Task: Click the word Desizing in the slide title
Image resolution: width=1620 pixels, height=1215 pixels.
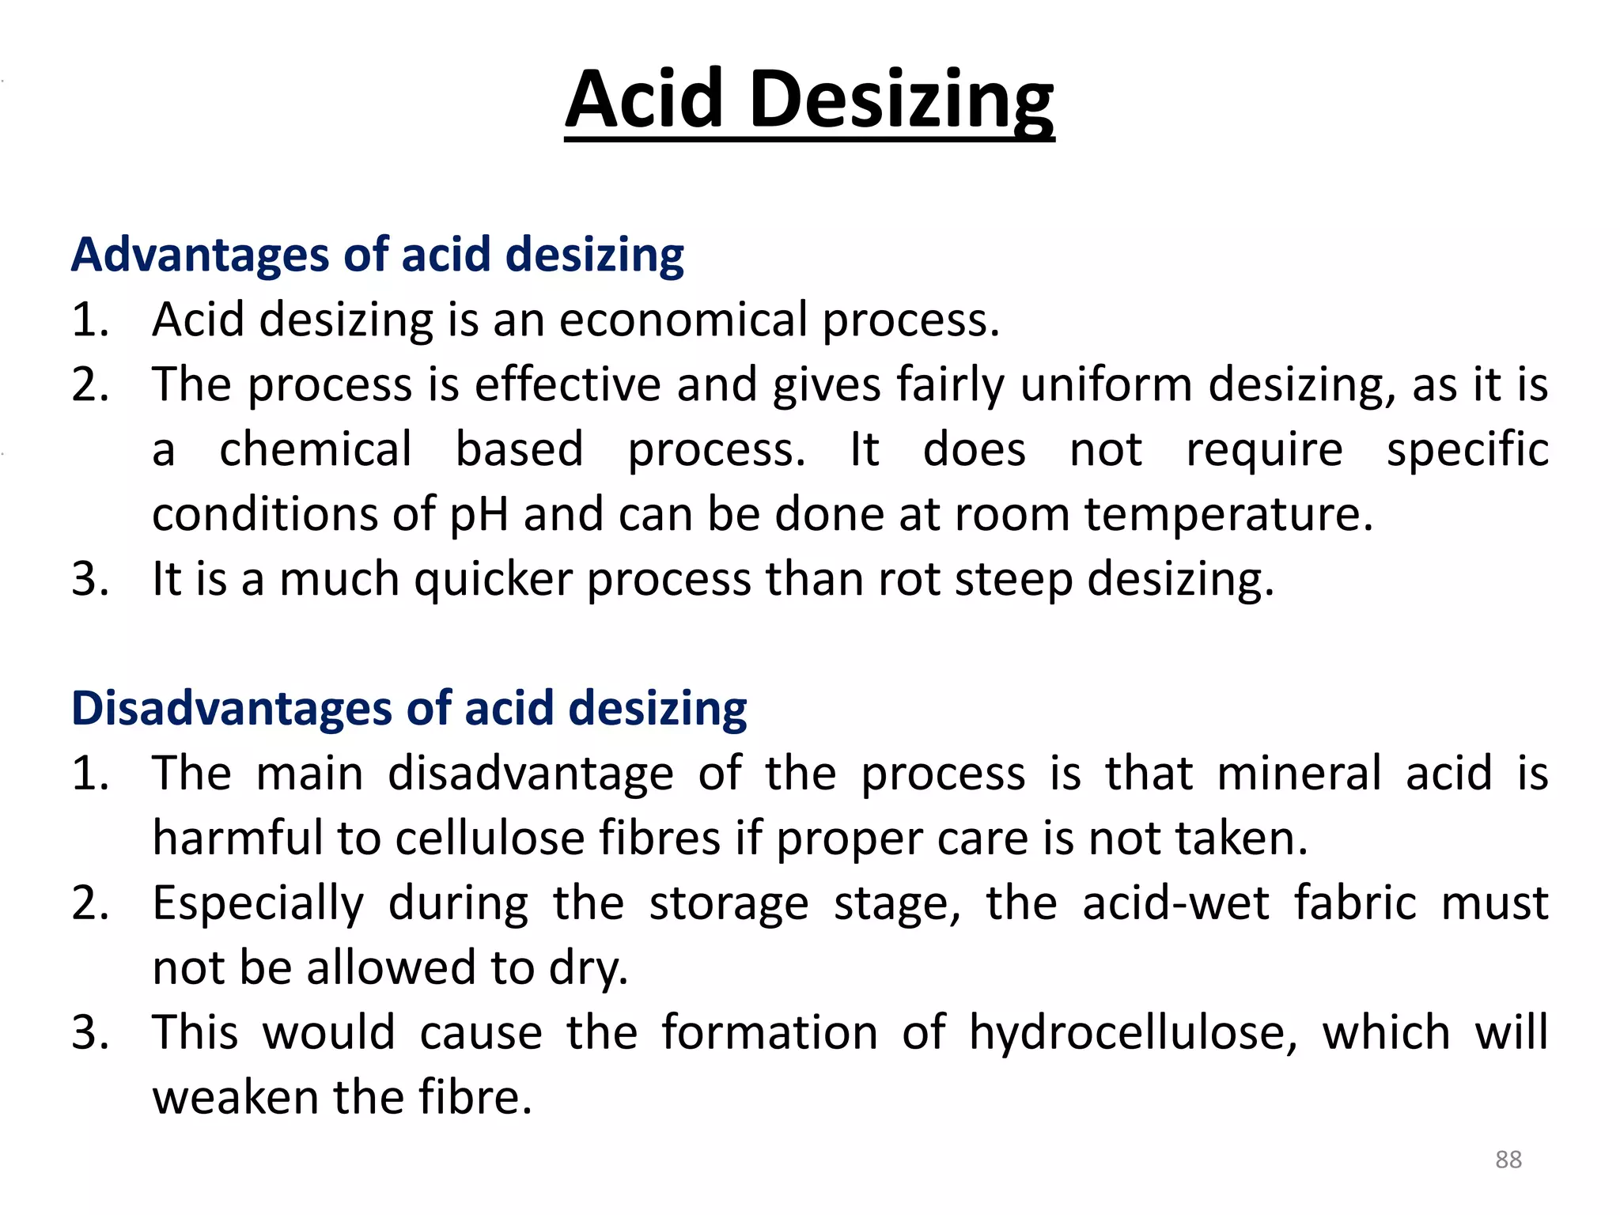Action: click(x=901, y=101)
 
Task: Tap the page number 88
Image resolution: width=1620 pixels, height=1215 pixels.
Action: click(x=1508, y=1160)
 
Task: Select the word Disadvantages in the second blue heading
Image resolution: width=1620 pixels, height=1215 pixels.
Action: click(x=232, y=708)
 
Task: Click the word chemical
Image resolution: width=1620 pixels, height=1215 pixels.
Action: click(x=316, y=449)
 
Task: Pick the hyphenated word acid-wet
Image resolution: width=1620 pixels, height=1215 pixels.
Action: click(x=1175, y=903)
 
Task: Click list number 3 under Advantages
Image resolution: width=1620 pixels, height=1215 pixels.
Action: click(x=89, y=579)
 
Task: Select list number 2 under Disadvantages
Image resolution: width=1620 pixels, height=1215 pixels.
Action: click(x=89, y=903)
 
